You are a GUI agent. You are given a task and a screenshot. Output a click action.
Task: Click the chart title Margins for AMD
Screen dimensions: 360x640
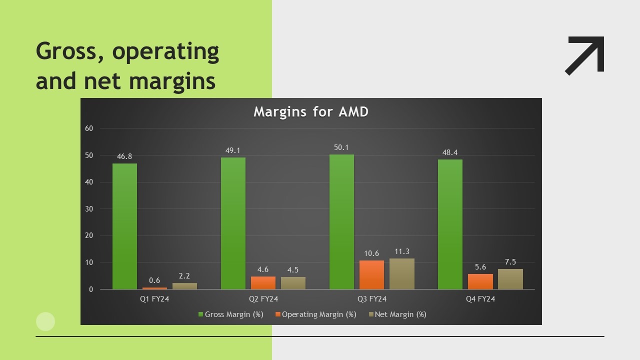coord(310,111)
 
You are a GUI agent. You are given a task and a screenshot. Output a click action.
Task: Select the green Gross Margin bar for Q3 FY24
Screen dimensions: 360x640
coord(341,222)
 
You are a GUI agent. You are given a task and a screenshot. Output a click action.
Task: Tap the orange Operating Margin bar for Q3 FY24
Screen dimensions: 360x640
coord(371,274)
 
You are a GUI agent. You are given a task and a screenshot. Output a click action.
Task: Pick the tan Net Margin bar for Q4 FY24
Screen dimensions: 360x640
coord(510,279)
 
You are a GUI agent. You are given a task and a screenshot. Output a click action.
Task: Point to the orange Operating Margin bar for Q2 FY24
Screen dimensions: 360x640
coord(263,282)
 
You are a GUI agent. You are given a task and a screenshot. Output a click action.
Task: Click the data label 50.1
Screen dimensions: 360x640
coord(341,147)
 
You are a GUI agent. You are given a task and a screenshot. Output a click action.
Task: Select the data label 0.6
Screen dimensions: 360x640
coord(154,280)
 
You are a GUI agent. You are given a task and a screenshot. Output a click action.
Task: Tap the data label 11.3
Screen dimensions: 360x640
coord(401,251)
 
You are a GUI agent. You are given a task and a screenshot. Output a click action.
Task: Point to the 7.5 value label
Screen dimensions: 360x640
coord(510,262)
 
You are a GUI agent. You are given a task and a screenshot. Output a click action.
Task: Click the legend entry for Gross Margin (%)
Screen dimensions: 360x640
coord(230,314)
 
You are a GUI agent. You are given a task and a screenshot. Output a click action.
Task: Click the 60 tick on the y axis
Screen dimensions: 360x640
coord(89,128)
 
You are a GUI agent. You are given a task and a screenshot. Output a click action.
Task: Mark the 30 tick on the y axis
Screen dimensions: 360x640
coord(89,209)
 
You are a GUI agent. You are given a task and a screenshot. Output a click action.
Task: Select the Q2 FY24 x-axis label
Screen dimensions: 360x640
coord(263,299)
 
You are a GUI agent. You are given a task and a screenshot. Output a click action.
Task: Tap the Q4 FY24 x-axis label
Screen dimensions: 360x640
coord(480,299)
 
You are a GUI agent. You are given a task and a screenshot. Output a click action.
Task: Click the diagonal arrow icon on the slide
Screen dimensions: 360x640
coord(585,55)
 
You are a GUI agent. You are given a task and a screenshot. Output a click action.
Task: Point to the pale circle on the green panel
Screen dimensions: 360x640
coord(45,321)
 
